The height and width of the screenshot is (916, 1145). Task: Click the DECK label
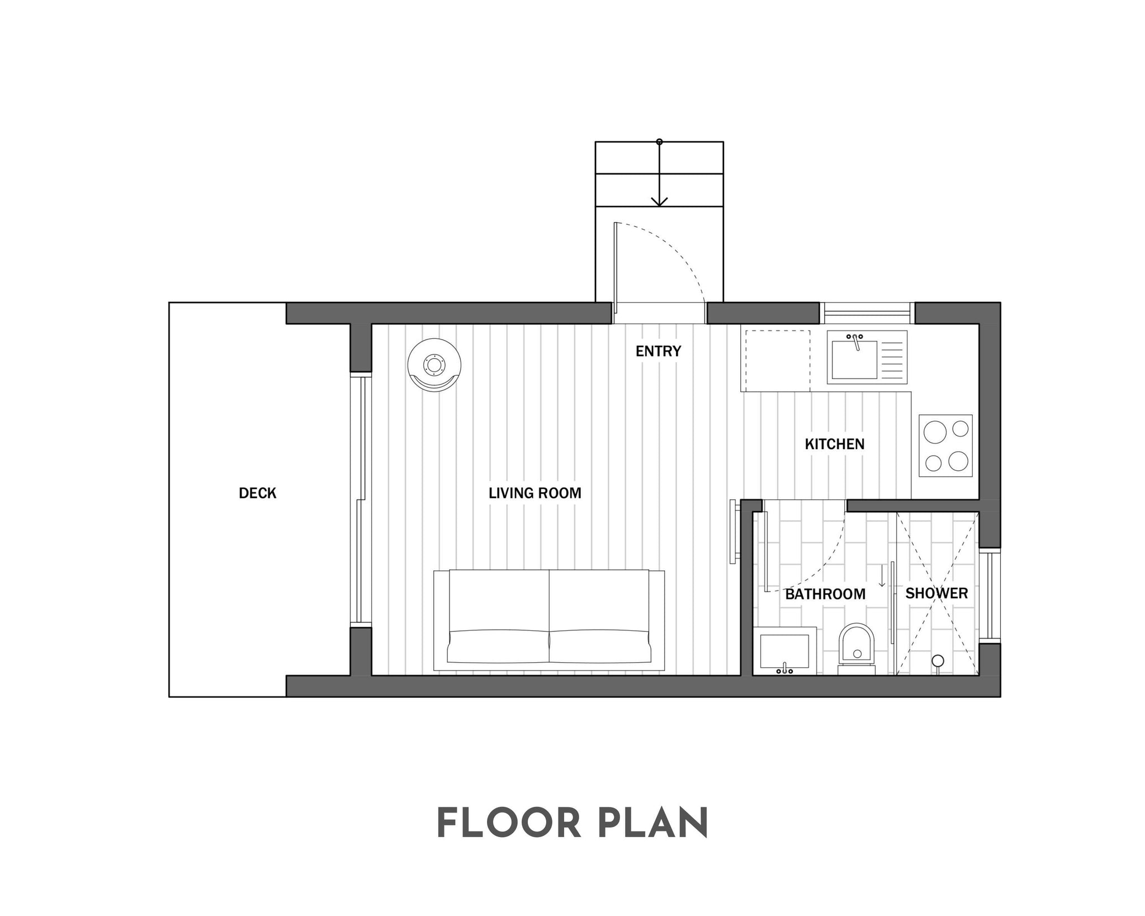click(x=258, y=493)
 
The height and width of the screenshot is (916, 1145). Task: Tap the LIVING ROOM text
click(x=535, y=493)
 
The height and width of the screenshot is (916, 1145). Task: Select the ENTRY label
click(x=659, y=351)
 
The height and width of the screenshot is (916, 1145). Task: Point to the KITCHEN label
click(x=835, y=444)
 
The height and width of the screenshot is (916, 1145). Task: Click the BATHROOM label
click(x=825, y=594)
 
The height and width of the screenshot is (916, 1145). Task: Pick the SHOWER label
click(x=936, y=593)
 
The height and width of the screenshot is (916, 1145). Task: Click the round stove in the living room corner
click(x=434, y=365)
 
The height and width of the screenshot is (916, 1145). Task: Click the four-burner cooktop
click(x=945, y=446)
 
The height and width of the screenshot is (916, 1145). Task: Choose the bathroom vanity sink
click(x=784, y=651)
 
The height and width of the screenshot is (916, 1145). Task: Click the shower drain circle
click(x=938, y=661)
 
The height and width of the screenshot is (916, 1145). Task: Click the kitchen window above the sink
click(x=867, y=313)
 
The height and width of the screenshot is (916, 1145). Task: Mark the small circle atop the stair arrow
click(x=660, y=142)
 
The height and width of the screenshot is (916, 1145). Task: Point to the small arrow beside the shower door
click(x=882, y=576)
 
